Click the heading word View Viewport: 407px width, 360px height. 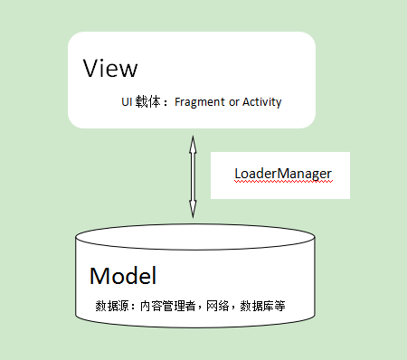[110, 69]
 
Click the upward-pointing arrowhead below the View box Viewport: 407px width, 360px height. [192, 140]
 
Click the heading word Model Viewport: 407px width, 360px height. [123, 276]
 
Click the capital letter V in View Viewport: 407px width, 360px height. [90, 69]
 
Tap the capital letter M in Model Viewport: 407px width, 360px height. [99, 276]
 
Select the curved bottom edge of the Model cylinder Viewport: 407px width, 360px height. [195, 337]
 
